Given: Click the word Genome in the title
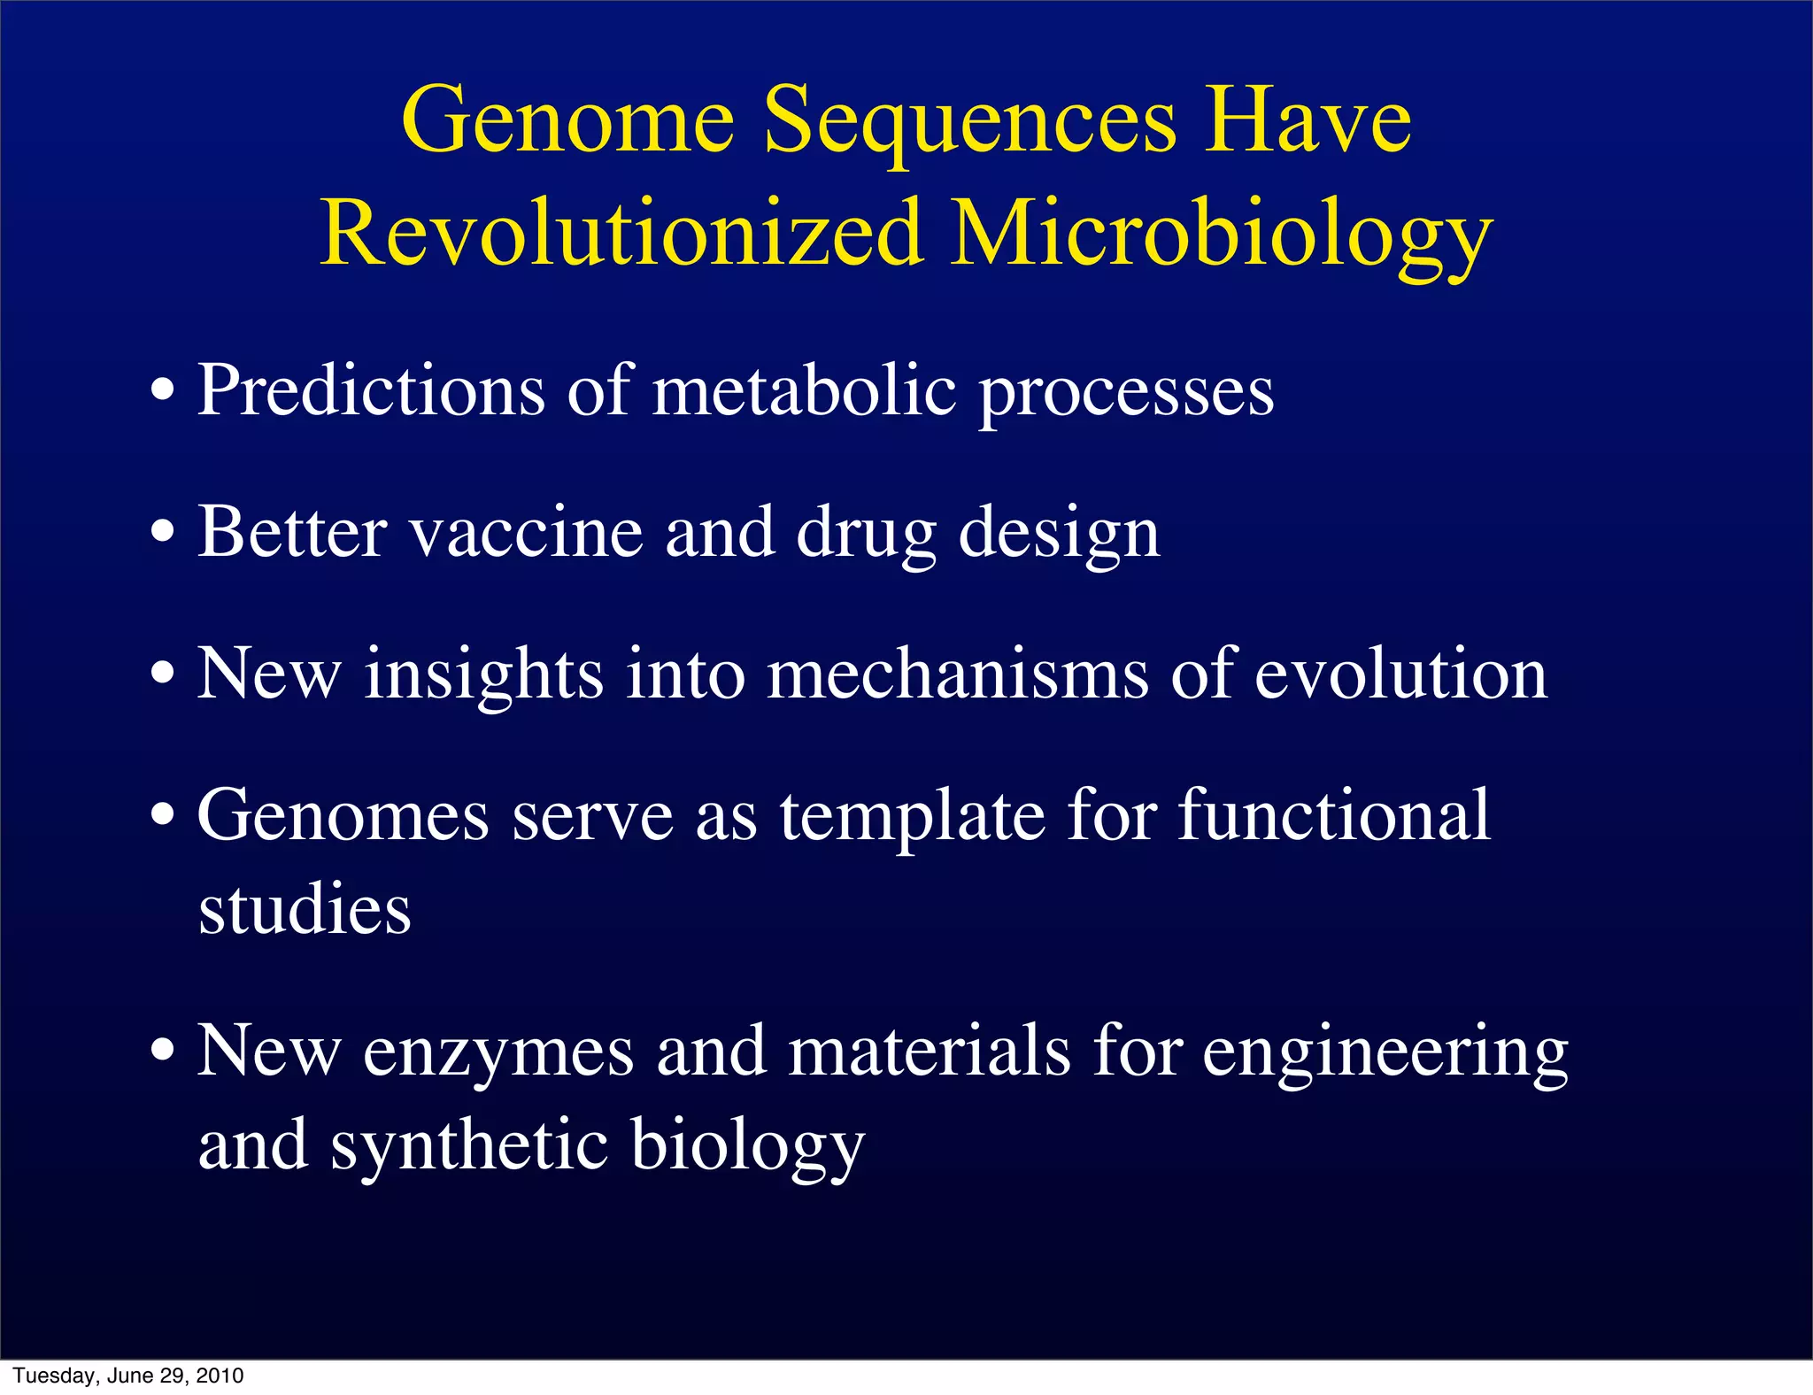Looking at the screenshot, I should [x=567, y=122].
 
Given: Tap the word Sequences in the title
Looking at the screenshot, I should [x=969, y=122].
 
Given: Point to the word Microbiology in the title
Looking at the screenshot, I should [x=1222, y=234].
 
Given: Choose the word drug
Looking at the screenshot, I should [x=866, y=536].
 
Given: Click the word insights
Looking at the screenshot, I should [x=483, y=674].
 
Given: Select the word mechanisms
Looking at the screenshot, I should [x=957, y=674].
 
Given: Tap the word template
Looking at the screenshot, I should [x=912, y=817].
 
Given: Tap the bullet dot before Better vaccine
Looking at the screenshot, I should [x=162, y=534].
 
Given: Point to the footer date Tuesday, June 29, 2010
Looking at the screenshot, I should [x=128, y=1376].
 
